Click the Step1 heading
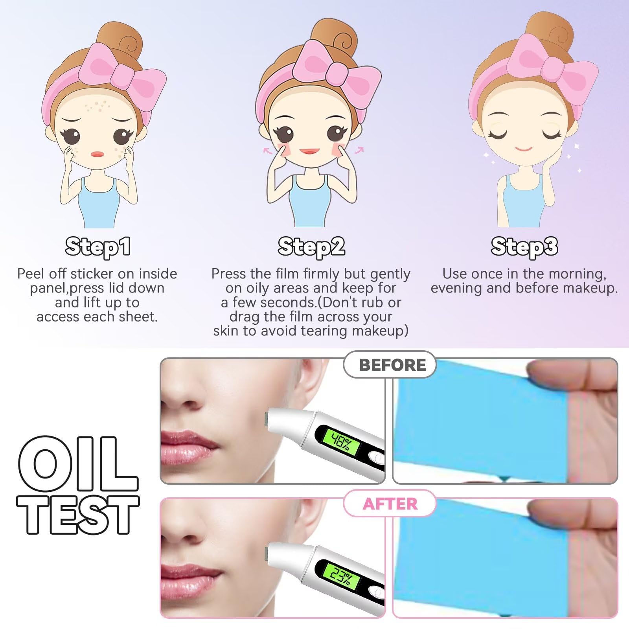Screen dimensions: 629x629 (x=98, y=247)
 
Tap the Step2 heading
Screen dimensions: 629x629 (x=311, y=247)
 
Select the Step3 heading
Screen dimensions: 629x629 (x=524, y=247)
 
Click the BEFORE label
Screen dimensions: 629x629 (x=392, y=365)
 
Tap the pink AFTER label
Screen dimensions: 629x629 (x=390, y=504)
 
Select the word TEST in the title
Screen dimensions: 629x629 (x=78, y=514)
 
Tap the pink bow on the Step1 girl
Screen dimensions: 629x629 (x=122, y=75)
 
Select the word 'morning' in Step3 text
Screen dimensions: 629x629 (x=577, y=274)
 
